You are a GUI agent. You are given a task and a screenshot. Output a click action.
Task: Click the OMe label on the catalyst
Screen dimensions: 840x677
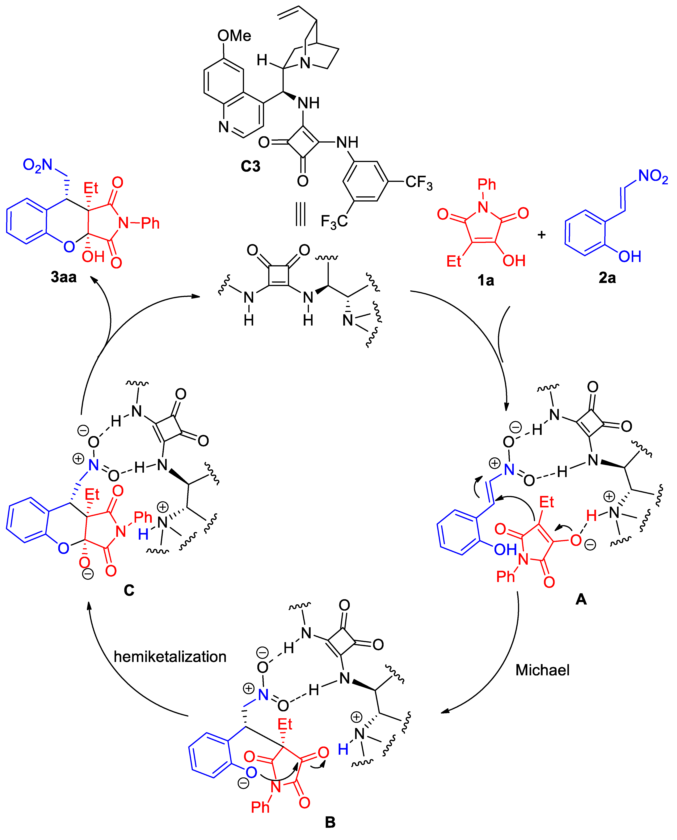234,36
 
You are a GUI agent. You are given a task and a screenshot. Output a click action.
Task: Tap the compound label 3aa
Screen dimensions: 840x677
64,277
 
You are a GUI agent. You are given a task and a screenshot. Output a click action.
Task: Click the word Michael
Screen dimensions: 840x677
542,670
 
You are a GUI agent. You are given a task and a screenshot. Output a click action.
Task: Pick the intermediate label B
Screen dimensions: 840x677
330,822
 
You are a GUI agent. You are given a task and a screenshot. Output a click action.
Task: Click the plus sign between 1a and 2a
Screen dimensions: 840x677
541,235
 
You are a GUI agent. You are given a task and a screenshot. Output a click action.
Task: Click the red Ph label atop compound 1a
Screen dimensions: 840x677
487,184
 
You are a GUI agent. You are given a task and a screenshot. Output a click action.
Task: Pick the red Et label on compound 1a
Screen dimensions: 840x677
454,261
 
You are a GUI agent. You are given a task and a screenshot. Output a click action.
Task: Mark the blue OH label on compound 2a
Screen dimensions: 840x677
629,256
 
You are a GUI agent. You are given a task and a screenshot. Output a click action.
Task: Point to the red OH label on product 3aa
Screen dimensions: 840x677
93,257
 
